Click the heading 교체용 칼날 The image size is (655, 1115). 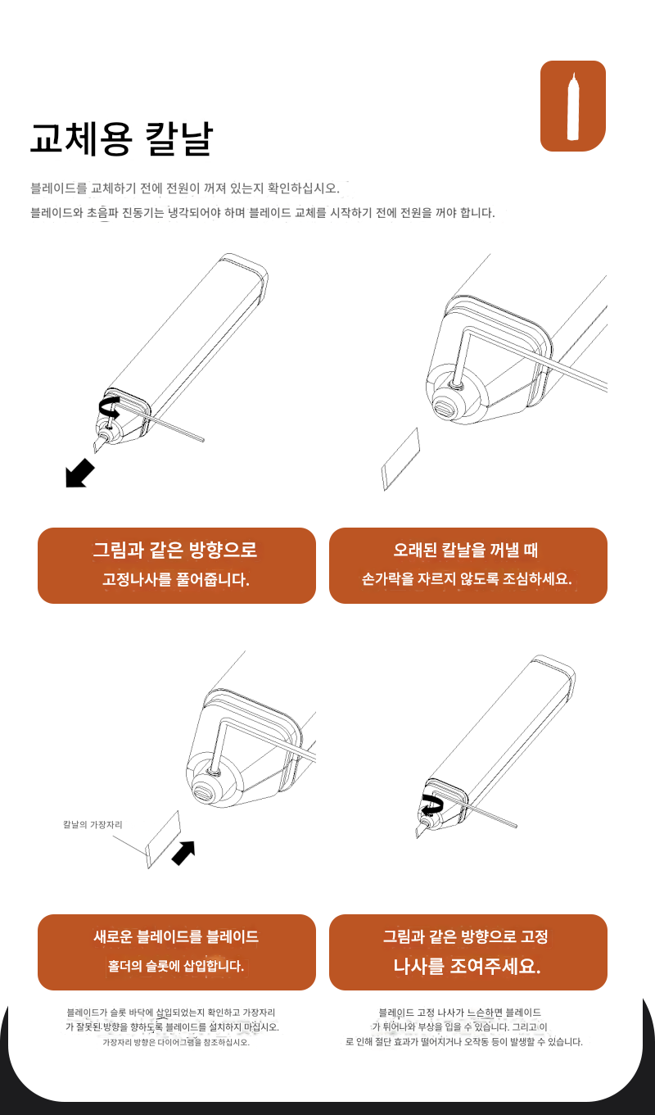pos(122,139)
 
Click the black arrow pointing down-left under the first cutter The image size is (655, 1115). pos(79,474)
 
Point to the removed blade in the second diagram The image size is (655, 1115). pos(401,460)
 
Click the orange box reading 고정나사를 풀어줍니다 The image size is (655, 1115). pos(177,565)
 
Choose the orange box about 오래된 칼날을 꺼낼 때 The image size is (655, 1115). pos(468,565)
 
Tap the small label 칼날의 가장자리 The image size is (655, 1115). pos(93,824)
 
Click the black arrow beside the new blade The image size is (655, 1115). pos(183,853)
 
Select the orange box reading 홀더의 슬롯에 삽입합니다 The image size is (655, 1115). pos(177,952)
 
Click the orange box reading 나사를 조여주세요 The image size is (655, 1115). pos(468,952)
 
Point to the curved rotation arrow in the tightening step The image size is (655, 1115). pos(431,805)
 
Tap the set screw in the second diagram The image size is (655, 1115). pos(455,384)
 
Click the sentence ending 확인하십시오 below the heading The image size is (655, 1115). pos(185,188)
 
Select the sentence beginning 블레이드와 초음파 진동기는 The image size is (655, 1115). pos(263,213)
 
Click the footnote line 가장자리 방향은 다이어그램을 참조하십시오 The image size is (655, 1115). pos(176,1042)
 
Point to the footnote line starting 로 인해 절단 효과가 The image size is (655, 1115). pos(464,1042)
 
